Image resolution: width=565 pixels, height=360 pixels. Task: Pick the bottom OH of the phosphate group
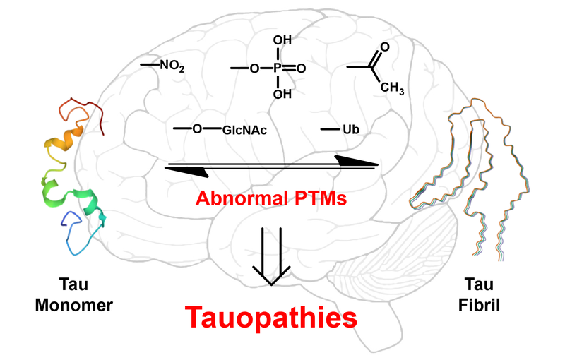pos(282,93)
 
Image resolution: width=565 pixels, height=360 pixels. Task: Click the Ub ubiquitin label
pos(351,130)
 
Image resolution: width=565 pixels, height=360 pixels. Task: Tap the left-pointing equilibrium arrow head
pos(186,172)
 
